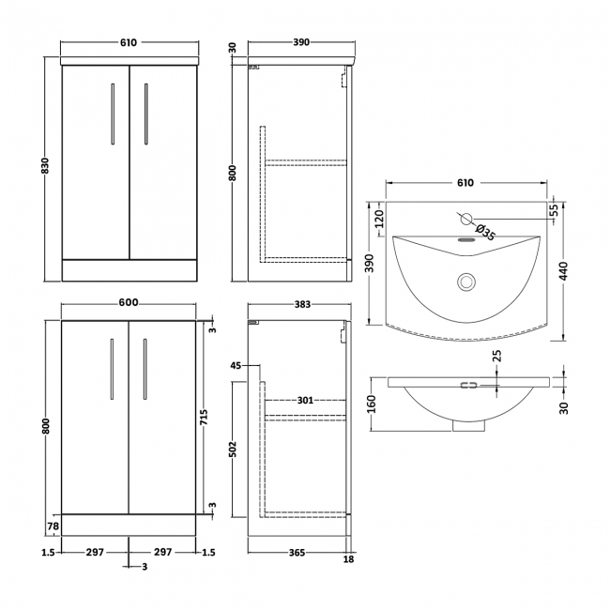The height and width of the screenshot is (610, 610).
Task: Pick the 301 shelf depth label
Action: pos(303,401)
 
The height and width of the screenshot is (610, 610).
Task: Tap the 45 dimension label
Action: pos(236,365)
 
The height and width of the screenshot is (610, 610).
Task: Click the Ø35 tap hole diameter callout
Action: pos(484,229)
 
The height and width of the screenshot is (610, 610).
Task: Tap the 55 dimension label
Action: pos(553,208)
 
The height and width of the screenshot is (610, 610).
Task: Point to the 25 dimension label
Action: pos(498,354)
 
